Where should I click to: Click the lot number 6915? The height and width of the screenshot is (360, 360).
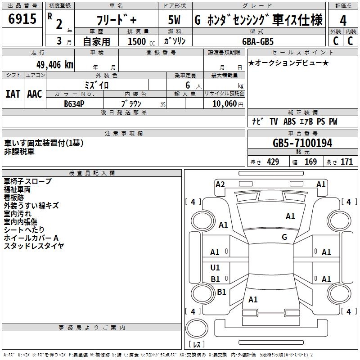point(22,19)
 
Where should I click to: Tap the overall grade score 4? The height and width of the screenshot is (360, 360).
point(343,20)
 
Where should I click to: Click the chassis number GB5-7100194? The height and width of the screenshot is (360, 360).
point(302,144)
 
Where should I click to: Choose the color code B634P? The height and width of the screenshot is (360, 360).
point(74,103)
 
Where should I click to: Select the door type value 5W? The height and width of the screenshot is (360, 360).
point(175,20)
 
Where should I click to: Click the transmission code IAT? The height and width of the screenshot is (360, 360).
point(13,94)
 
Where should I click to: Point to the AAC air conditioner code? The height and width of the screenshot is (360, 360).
point(35,94)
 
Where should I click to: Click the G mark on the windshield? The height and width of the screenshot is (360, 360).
point(284,237)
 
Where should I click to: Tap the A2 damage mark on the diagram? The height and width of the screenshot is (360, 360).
point(220,184)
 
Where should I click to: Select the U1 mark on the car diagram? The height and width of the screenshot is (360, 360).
point(215,268)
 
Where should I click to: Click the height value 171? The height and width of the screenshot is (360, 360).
point(346,162)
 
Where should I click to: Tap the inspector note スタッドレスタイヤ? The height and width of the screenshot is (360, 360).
point(34,246)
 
